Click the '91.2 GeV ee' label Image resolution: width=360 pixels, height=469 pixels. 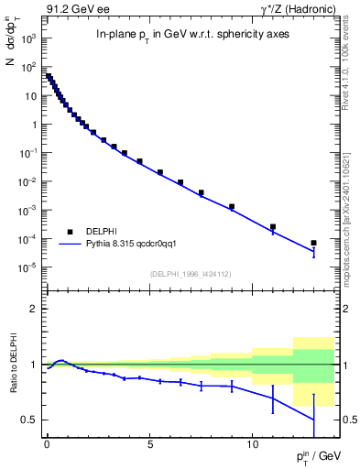tap(71, 8)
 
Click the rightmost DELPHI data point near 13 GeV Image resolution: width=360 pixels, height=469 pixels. tap(313, 243)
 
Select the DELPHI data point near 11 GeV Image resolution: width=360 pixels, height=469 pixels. tap(273, 226)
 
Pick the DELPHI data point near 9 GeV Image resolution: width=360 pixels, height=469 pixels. tap(232, 207)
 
